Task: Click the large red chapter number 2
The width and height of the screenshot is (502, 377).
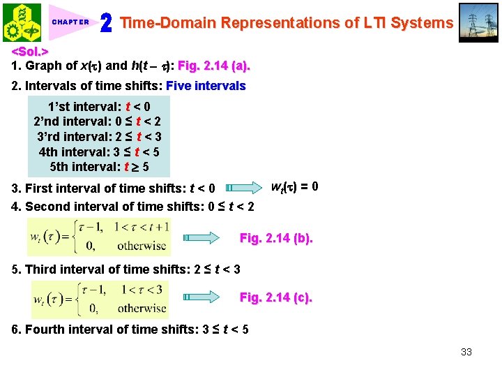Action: point(107,23)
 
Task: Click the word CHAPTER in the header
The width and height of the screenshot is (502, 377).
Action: point(70,22)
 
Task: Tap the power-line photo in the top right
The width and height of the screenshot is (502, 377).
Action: point(480,22)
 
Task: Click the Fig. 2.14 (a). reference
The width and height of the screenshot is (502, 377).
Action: point(214,66)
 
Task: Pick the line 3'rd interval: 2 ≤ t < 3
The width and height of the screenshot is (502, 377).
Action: point(99,137)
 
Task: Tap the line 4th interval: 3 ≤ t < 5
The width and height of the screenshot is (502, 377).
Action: point(99,151)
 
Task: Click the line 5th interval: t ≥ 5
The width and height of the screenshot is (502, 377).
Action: point(99,167)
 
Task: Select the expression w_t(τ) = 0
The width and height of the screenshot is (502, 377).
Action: point(295,186)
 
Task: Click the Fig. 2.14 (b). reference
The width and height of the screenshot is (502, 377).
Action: point(276,238)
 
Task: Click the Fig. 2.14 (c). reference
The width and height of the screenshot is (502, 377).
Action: point(276,297)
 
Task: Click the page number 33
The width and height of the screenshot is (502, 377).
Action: point(466,351)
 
